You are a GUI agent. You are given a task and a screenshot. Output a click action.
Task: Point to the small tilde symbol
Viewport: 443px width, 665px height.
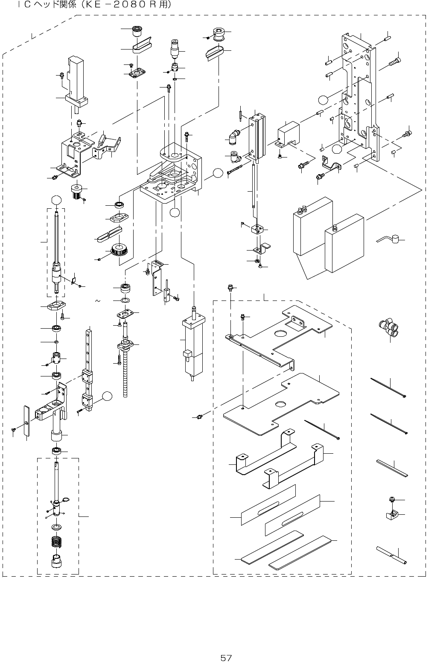(98, 301)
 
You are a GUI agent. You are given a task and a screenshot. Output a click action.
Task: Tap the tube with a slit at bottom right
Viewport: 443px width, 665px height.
(391, 555)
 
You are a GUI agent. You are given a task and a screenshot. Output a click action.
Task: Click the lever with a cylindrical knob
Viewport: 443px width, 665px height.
(389, 239)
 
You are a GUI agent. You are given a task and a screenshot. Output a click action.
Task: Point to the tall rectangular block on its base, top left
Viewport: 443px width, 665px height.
(76, 82)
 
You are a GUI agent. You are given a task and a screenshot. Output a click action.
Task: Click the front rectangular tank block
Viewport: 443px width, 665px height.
(344, 244)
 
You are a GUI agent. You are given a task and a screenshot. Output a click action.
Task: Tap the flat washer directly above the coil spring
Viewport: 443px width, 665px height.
(55, 527)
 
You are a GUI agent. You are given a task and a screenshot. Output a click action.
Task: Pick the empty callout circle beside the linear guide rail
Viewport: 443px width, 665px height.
(107, 397)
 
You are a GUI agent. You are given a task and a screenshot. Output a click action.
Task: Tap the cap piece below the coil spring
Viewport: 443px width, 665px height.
(56, 560)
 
